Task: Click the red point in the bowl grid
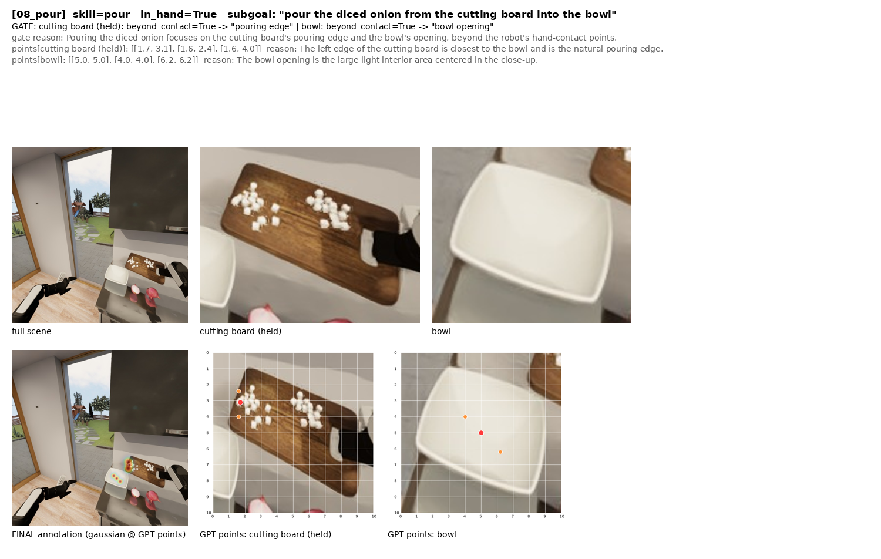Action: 481,433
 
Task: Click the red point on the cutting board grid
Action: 240,403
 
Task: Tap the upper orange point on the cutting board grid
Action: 238,391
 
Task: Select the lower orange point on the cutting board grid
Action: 238,417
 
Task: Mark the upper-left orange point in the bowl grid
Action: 465,417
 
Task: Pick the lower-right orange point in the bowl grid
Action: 500,452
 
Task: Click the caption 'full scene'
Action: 32,331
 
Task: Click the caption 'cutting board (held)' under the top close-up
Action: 240,331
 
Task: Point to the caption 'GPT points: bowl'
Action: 422,534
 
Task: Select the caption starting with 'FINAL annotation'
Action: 99,534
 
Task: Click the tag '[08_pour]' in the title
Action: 39,15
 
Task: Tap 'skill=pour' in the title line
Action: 102,15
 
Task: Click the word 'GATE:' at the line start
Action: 24,27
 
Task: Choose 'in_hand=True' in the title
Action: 179,15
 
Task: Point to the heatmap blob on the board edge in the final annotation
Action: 128,465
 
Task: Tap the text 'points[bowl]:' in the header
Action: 39,60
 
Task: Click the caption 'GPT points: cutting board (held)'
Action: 265,534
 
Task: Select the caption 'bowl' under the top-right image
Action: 441,331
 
